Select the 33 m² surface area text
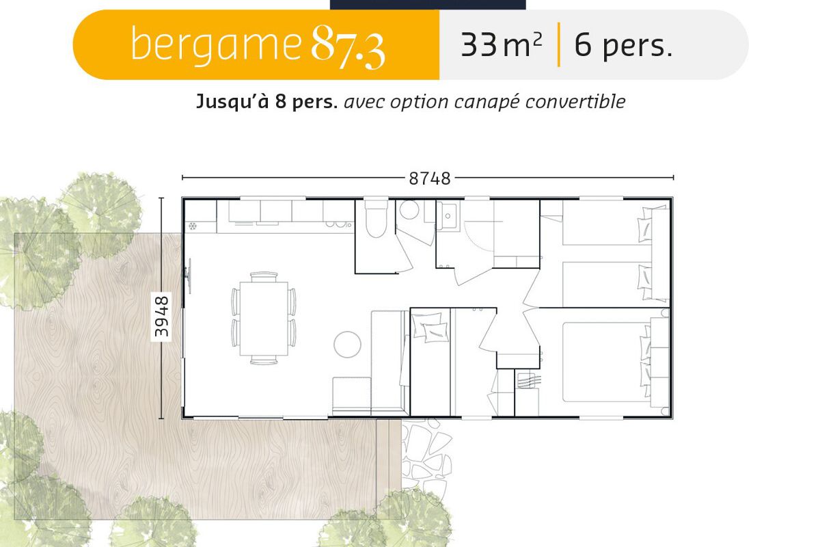pyautogui.click(x=501, y=44)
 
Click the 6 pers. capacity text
pyautogui.click(x=624, y=45)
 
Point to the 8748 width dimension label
pyautogui.click(x=429, y=178)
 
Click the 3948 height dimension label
pyautogui.click(x=161, y=317)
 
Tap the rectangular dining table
pyautogui.click(x=264, y=319)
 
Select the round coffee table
pyautogui.click(x=347, y=345)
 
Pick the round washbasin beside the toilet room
pyautogui.click(x=409, y=209)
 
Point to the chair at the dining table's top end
pyautogui.click(x=264, y=277)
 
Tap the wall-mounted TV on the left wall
pyautogui.click(x=189, y=276)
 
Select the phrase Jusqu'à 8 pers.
pyautogui.click(x=267, y=101)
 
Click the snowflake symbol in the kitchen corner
pyautogui.click(x=193, y=226)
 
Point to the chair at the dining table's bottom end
pyautogui.click(x=264, y=360)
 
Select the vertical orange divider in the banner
pyautogui.click(x=559, y=44)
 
